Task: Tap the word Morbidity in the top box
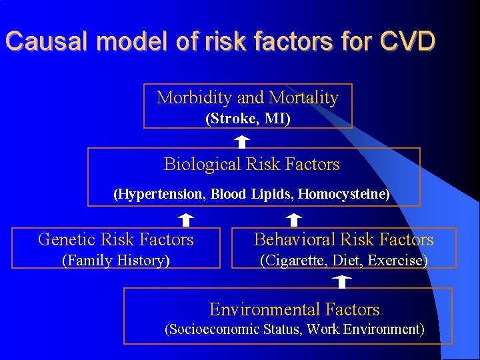pos(194,98)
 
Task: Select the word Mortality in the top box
pos(303,98)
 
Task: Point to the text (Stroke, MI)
pos(248,119)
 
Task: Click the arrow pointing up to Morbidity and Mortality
pos(242,141)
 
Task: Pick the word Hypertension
pos(159,195)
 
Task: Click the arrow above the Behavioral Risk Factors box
pos(294,219)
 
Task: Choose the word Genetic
pos(67,239)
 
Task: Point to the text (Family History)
pos(115,261)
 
